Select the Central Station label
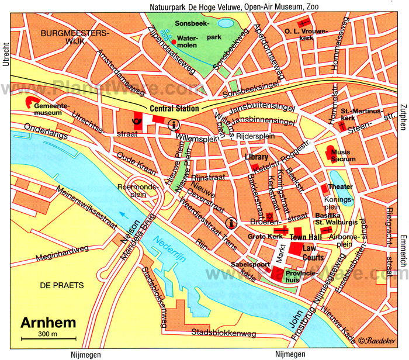click(174, 108)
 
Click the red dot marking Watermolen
click(174, 42)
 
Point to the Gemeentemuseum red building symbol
click(27, 103)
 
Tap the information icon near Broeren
click(231, 222)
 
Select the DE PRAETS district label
click(59, 285)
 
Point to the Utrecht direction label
click(6, 55)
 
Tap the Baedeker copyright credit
click(381, 341)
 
